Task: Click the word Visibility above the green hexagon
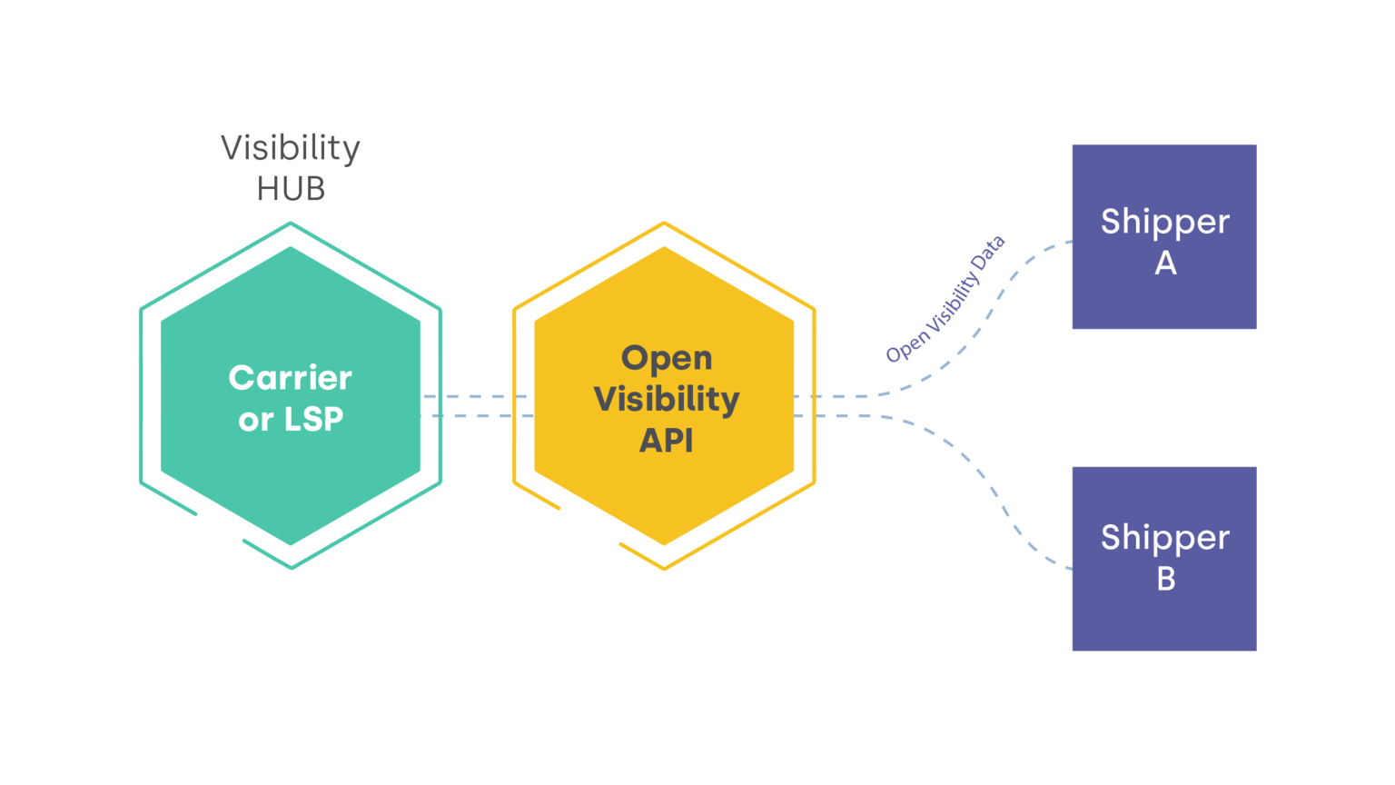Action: [x=291, y=148]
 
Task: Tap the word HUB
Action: [x=291, y=189]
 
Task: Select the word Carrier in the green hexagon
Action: [x=291, y=377]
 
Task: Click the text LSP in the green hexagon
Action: [x=314, y=419]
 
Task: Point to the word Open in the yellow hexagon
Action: [x=667, y=358]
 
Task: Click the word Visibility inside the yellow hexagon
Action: [x=667, y=399]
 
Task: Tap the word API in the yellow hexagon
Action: [x=667, y=441]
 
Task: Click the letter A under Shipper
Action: [x=1165, y=263]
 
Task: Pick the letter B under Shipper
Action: [x=1166, y=579]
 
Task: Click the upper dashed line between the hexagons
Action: [x=477, y=396]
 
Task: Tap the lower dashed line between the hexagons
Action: [x=477, y=416]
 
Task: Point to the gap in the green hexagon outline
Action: [x=220, y=528]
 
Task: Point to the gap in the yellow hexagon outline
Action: [x=590, y=527]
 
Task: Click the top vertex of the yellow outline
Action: [x=664, y=223]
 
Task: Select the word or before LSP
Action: [x=255, y=420]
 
